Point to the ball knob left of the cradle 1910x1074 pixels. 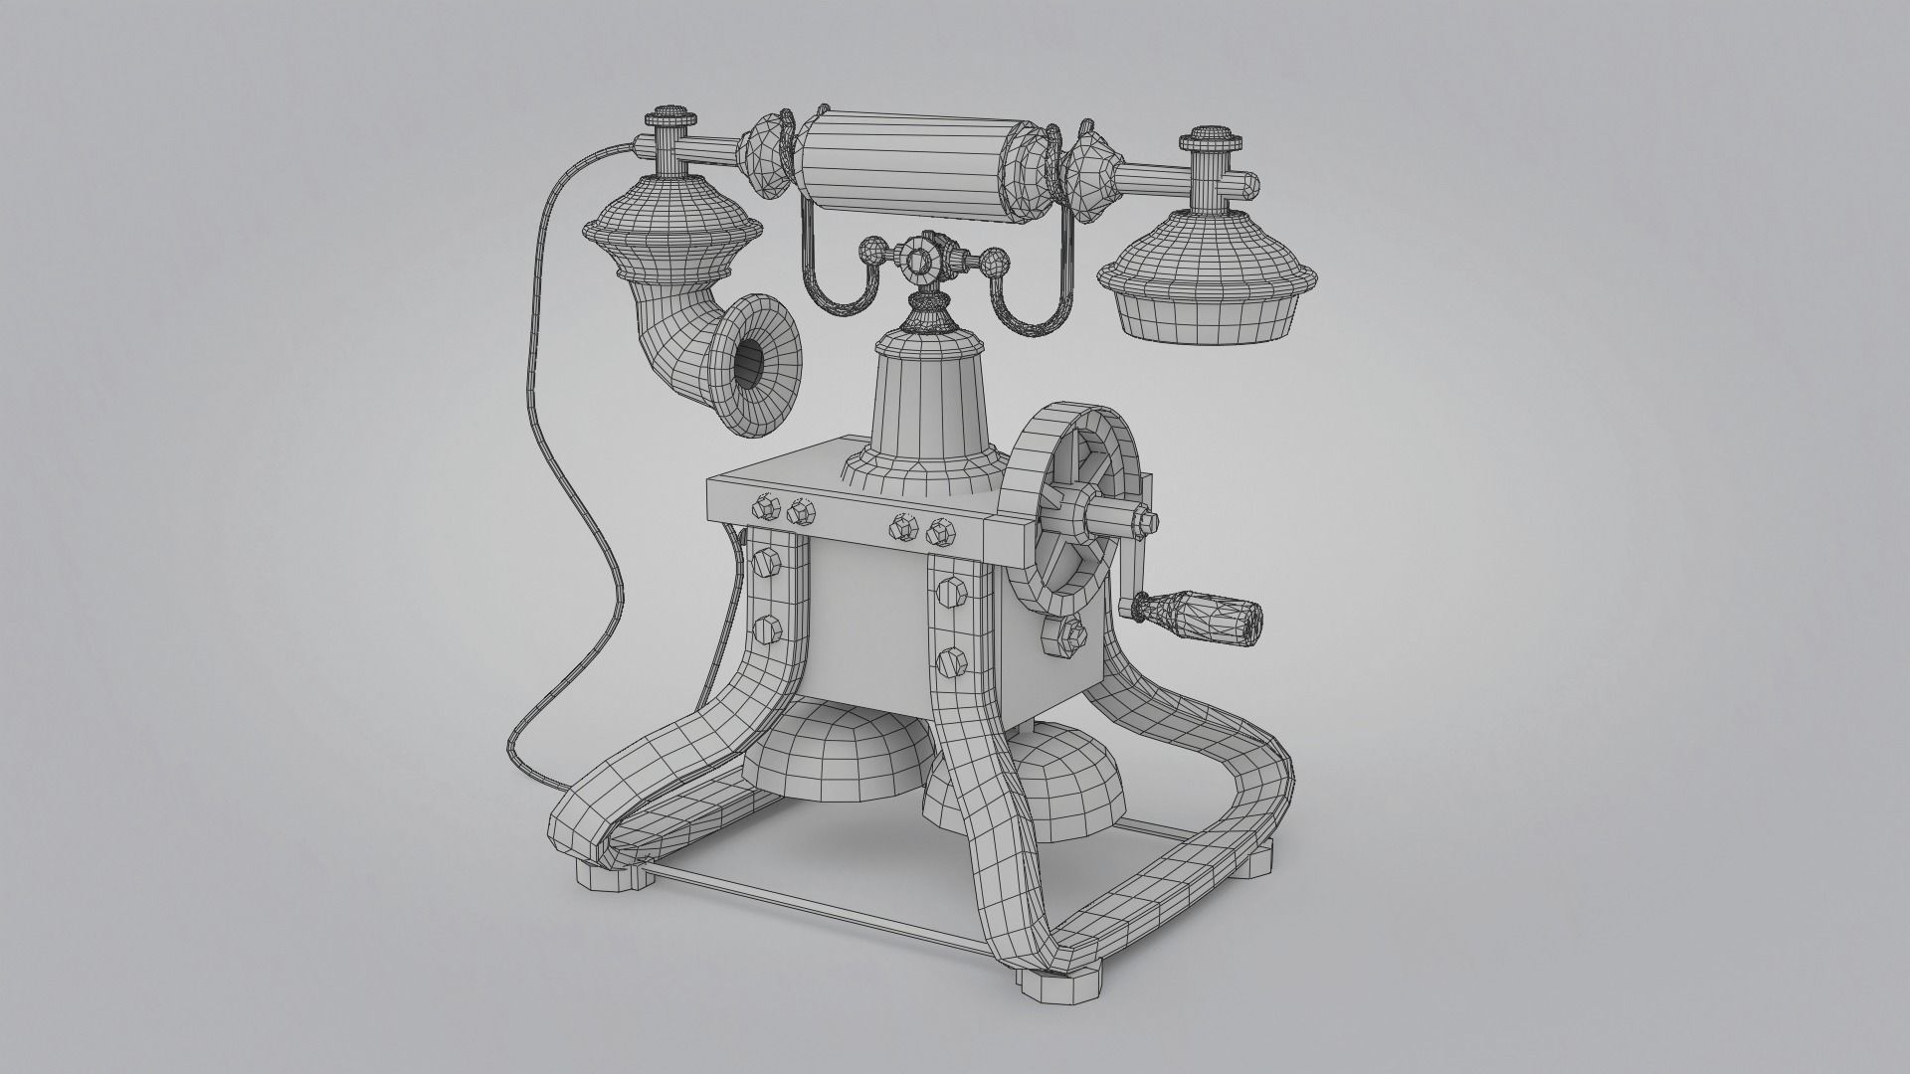click(x=872, y=250)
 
